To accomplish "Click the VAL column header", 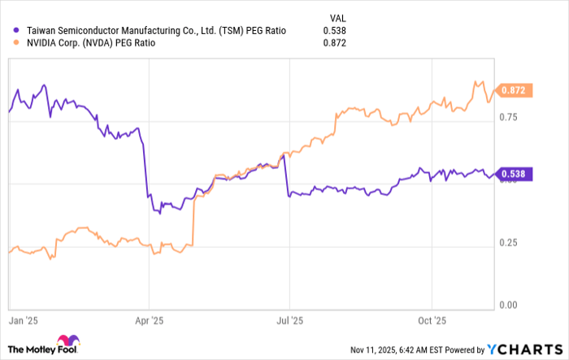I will pyautogui.click(x=336, y=15).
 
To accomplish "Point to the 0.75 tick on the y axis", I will pyautogui.click(x=508, y=118).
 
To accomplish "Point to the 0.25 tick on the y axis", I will pyautogui.click(x=508, y=242).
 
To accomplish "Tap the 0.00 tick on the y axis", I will pyautogui.click(x=508, y=305).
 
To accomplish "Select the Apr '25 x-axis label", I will pyautogui.click(x=150, y=321).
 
